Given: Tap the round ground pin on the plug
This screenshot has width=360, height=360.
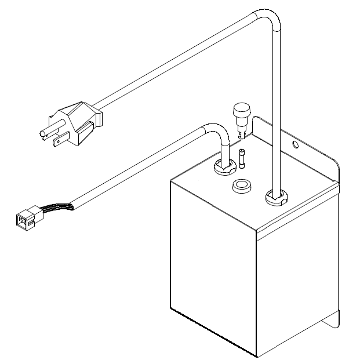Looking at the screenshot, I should click(x=42, y=135).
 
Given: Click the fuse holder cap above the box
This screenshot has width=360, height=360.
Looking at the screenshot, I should click(x=239, y=111).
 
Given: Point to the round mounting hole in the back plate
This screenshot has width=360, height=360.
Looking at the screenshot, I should click(x=294, y=143).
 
